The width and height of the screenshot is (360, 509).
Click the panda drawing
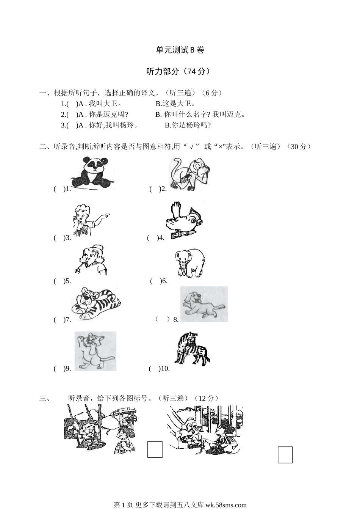coord(93,173)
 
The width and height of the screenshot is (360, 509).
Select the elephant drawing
coord(190,263)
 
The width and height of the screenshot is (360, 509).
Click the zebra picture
coord(192,348)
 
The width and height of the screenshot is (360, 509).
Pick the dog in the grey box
coord(204,304)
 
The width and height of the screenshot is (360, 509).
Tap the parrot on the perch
coord(184,220)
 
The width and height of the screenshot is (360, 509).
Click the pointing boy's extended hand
coord(106,215)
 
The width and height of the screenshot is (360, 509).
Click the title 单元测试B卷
coord(180,50)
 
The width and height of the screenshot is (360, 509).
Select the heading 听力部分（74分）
coord(180,71)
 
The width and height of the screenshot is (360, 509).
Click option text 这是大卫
coord(175,104)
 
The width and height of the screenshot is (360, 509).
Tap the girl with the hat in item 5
coord(91,261)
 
